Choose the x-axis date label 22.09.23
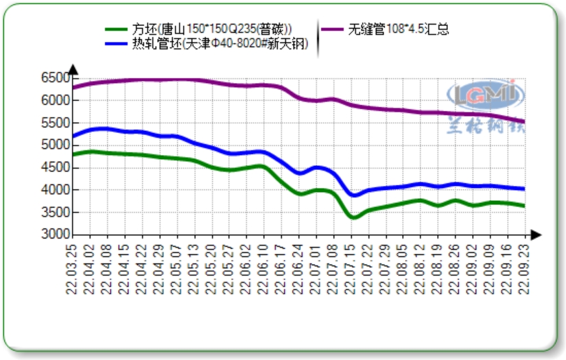[x=525, y=267]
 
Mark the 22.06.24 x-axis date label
[x=298, y=267]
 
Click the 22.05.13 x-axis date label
[x=194, y=267]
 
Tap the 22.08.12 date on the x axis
[x=421, y=267]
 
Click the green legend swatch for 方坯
[x=116, y=29]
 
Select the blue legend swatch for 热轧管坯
[x=116, y=45]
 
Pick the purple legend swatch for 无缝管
[x=333, y=29]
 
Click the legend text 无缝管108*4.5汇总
[x=399, y=29]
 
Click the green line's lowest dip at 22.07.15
[x=353, y=217]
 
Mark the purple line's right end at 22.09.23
[x=524, y=122]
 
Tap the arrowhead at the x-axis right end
[x=536, y=235]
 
